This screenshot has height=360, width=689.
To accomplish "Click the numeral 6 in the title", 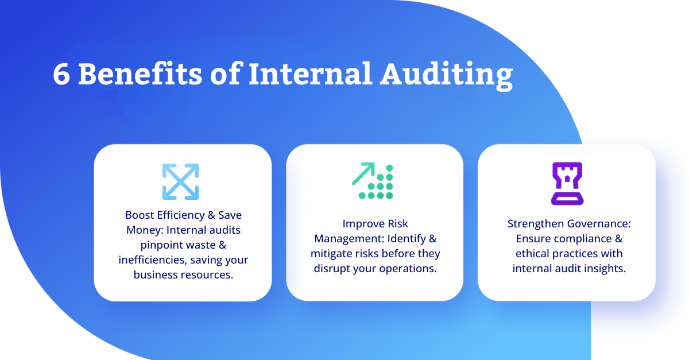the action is pos(61,74).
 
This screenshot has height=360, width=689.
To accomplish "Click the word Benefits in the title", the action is pos(140,73).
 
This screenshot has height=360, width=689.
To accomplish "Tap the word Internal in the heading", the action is pos(311,73).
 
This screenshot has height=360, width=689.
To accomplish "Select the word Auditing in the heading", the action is pos(447,76).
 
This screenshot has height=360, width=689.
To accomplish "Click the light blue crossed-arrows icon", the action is pos(180,181).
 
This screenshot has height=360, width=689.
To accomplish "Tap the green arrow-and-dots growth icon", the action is pos(373,181).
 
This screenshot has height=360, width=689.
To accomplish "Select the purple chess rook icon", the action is pos(567,183).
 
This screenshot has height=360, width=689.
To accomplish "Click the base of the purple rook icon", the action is pos(567,199).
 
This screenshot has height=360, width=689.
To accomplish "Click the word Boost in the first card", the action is pos(139,215).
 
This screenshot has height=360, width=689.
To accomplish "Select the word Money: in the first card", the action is pos(145,230).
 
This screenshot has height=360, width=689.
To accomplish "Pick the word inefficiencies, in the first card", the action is pos(152,260).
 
